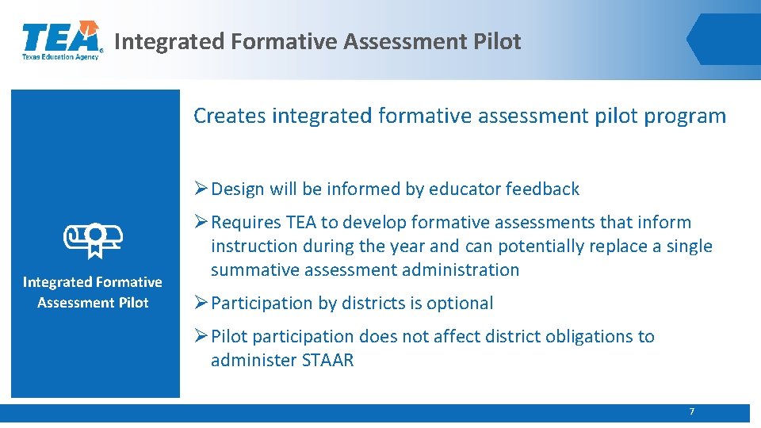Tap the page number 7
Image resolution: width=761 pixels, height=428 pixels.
pos(691,411)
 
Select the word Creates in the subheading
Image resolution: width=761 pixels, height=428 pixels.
pos(230,116)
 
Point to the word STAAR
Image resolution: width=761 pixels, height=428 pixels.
pos(327,360)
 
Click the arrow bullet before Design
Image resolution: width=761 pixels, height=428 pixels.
pos(201,189)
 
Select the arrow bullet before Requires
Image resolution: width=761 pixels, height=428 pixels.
pos(201,222)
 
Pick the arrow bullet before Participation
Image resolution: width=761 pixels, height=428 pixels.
pos(201,303)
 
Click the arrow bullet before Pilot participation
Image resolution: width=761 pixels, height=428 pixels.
pos(201,336)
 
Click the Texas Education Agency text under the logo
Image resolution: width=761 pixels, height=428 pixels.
pos(60,57)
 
